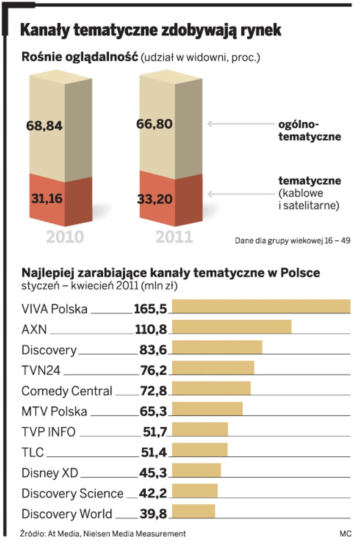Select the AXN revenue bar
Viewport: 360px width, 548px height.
coord(232,327)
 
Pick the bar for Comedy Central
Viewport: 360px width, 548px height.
coord(211,388)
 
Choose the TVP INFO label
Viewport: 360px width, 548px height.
coord(48,432)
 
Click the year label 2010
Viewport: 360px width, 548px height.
coord(65,237)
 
